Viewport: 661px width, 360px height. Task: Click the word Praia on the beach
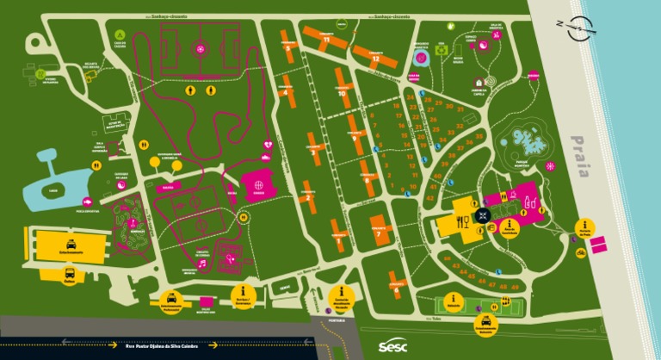pyautogui.click(x=581, y=156)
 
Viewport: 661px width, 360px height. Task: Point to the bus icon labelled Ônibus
pyautogui.click(x=70, y=276)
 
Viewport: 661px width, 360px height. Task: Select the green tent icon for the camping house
pyautogui.click(x=120, y=35)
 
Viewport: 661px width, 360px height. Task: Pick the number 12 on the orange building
pyautogui.click(x=376, y=58)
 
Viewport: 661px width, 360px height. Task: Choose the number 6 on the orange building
pyautogui.click(x=396, y=289)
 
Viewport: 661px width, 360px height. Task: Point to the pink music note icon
pyautogui.click(x=201, y=264)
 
